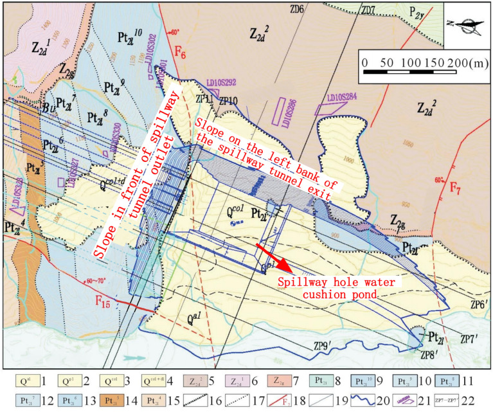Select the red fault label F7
tap(455, 188)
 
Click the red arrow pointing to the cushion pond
tap(274, 256)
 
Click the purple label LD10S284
tap(345, 98)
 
